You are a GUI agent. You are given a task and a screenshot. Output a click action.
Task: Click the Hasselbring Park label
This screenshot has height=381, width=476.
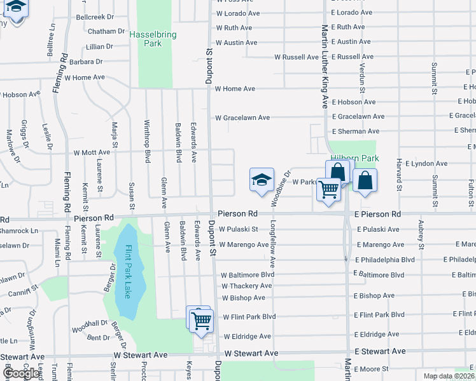[154, 37]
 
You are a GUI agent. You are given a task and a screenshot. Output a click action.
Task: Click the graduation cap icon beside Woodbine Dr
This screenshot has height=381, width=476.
[262, 180]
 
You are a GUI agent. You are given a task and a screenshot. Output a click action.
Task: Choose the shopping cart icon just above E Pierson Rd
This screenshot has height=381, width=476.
[329, 189]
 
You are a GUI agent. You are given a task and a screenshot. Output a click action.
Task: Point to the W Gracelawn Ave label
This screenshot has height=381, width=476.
[242, 117]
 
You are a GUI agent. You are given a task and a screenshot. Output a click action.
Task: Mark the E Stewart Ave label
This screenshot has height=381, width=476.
[380, 351]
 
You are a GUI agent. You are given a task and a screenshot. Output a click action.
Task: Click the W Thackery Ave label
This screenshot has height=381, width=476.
[246, 286]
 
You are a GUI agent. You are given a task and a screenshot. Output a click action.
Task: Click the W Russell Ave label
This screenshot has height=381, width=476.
[297, 57]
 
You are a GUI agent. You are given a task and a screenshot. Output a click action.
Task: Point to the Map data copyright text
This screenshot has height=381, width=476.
[449, 376]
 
